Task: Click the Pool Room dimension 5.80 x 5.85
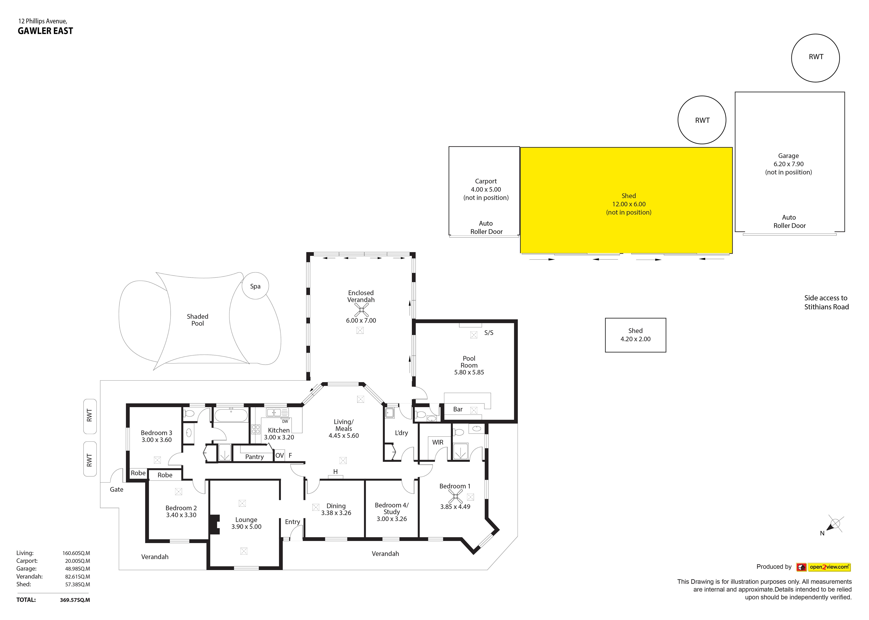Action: [469, 372]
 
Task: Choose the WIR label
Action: [438, 442]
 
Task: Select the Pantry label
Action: [255, 457]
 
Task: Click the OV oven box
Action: [280, 455]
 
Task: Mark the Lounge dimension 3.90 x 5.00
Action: [246, 526]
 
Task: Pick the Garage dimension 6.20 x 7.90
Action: [788, 164]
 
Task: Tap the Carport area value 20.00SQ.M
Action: [78, 561]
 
